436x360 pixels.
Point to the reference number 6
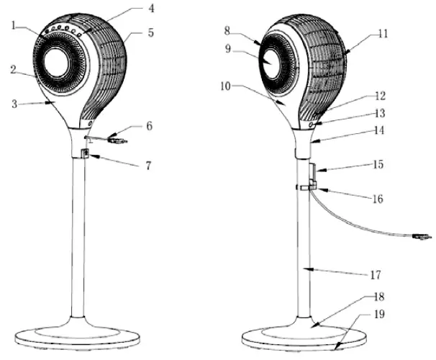coord(149,126)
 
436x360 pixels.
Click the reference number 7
coord(148,166)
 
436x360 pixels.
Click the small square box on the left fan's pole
coord(86,153)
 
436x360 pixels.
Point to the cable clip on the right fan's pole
coord(308,187)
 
